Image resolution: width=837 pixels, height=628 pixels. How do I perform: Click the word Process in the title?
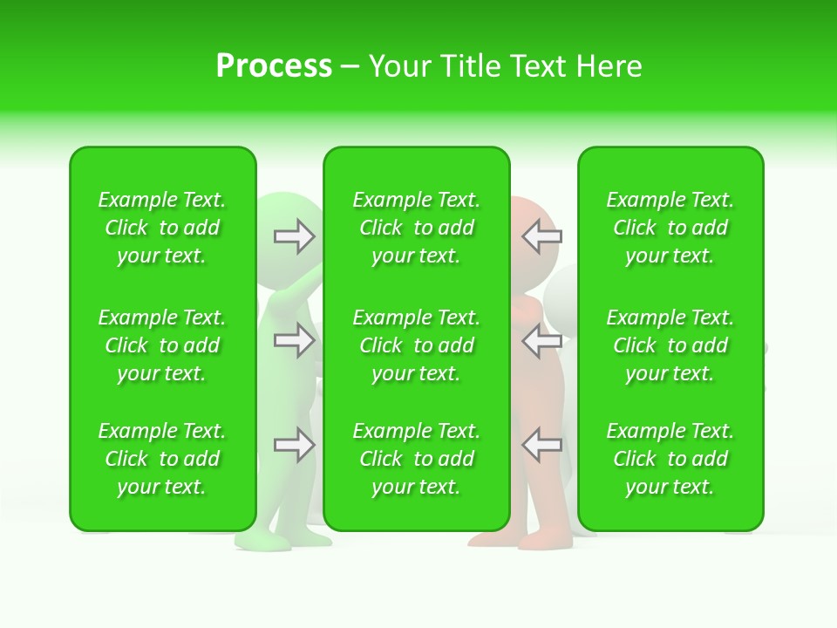tap(274, 66)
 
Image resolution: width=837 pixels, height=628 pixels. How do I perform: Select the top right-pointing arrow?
tap(294, 236)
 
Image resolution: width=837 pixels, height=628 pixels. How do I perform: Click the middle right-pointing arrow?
tap(294, 340)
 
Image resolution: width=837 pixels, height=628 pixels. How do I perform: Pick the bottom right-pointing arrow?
tap(294, 445)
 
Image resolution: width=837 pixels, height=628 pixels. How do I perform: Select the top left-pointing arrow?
tap(542, 235)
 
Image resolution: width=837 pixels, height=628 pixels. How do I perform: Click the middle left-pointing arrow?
tap(542, 340)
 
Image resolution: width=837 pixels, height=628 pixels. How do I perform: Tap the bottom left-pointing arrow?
tap(542, 445)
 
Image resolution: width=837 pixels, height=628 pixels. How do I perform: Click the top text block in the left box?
tap(162, 228)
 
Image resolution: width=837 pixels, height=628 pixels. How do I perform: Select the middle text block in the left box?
tap(162, 345)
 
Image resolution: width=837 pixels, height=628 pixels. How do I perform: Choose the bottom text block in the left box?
tap(162, 459)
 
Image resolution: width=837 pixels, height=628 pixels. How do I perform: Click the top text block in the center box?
tap(416, 228)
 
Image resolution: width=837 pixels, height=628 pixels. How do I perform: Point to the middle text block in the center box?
tap(416, 345)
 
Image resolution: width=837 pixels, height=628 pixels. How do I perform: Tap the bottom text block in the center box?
tap(416, 459)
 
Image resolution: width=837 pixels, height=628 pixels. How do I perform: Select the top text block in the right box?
tap(670, 228)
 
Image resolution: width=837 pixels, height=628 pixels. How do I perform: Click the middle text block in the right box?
tap(670, 345)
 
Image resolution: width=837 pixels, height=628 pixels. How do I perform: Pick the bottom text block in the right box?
tap(670, 459)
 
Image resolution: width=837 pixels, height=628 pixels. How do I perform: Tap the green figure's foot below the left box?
tap(262, 542)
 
